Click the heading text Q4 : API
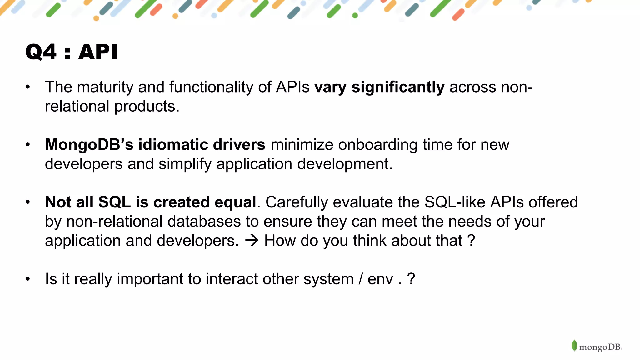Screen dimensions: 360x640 (71, 52)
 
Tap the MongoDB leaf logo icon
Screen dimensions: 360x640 (574, 346)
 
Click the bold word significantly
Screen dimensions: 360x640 (398, 87)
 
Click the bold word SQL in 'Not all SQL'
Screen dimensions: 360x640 (114, 202)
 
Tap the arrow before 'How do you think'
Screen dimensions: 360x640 (252, 241)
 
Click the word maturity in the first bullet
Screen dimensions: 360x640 (105, 87)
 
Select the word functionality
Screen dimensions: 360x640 (211, 87)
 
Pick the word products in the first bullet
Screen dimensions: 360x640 (147, 107)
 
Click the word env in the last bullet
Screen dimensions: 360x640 (380, 279)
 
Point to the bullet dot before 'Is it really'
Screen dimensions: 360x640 (28, 279)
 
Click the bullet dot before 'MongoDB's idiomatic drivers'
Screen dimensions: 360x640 (28, 144)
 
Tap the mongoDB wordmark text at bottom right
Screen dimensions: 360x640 (600, 347)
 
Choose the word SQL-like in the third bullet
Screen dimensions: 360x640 (455, 202)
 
